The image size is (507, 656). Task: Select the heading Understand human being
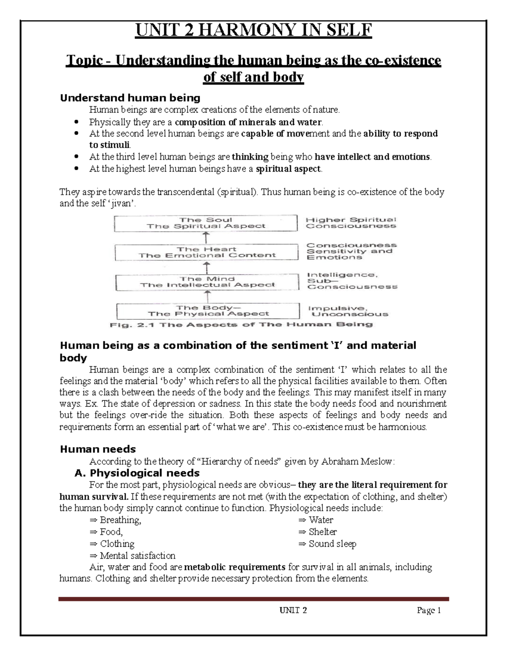click(x=130, y=98)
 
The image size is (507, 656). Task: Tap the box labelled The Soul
click(x=206, y=223)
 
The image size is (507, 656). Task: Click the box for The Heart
click(x=207, y=252)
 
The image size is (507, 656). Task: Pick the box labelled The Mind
click(x=207, y=282)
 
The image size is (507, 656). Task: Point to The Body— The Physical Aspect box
click(x=208, y=311)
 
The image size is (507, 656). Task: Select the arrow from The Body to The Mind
click(x=207, y=297)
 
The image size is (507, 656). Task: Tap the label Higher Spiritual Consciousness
click(x=351, y=223)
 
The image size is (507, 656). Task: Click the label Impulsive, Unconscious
click(x=347, y=311)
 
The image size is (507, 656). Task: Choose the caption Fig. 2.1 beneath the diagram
click(x=241, y=324)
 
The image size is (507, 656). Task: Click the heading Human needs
click(x=98, y=449)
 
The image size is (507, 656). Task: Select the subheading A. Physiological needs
click(x=137, y=473)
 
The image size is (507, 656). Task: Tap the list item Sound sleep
click(x=332, y=544)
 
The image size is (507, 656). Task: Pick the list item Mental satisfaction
click(x=137, y=555)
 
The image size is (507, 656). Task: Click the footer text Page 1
click(x=428, y=610)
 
